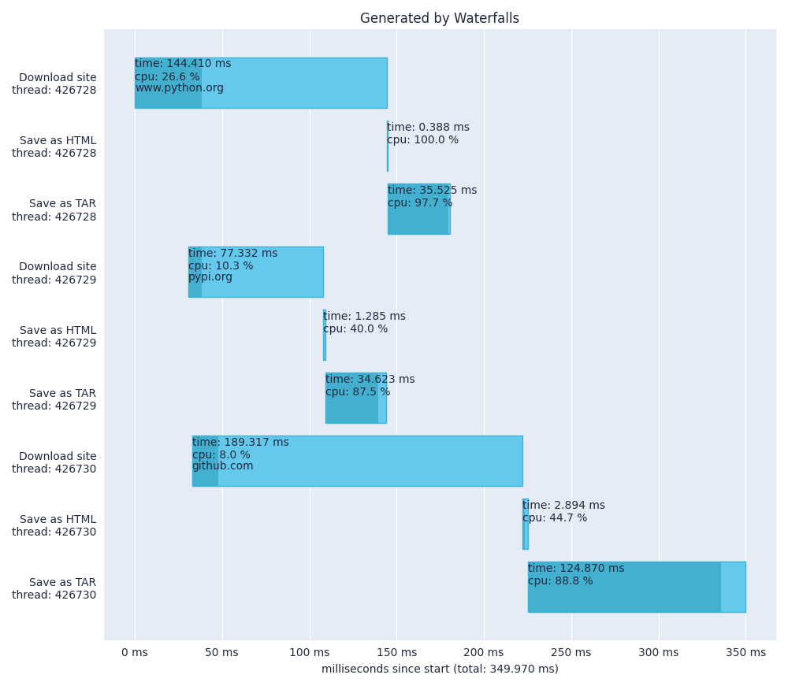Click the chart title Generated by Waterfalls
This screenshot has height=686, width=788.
439,18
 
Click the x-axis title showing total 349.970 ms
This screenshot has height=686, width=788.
439,669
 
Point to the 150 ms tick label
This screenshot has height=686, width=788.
396,652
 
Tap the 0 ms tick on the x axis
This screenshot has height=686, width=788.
135,652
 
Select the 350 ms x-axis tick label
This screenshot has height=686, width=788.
745,652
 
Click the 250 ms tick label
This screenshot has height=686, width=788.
571,652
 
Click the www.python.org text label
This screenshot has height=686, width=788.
179,88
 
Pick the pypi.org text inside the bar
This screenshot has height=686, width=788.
210,277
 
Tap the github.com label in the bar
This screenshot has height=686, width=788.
222,466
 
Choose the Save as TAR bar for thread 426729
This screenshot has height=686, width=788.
355,408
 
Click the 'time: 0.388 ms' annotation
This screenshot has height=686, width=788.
428,128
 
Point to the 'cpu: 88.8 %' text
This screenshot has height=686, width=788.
560,581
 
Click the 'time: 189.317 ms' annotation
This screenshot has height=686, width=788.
240,443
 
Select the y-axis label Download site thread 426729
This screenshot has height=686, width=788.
54,273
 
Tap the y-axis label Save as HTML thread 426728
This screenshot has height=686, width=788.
54,147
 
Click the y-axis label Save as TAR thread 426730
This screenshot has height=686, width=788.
54,588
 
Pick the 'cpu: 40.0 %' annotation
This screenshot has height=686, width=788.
355,329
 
